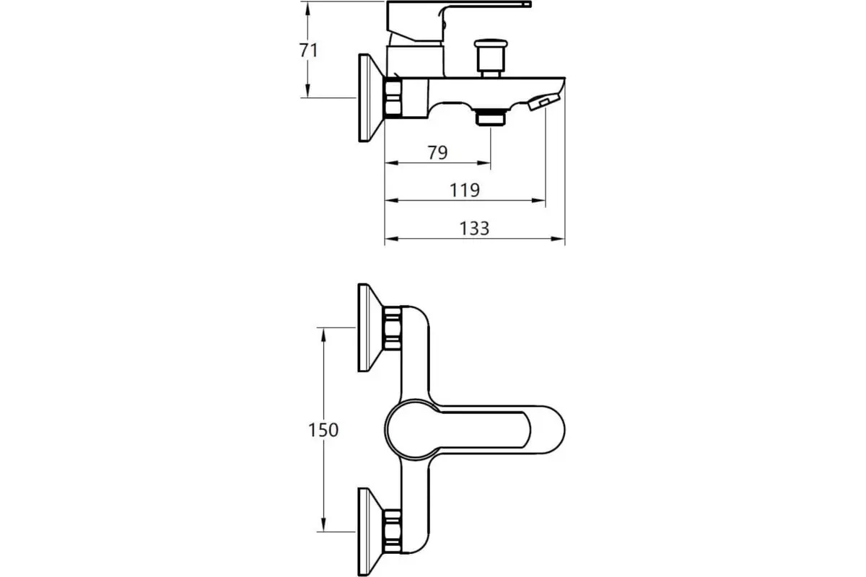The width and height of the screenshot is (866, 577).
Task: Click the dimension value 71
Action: coord(309,50)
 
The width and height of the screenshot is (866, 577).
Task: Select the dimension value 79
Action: coord(437,153)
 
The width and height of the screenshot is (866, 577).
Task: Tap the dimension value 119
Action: coord(465,190)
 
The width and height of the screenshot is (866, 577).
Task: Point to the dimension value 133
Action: coord(474,229)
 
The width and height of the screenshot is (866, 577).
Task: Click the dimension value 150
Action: coord(323,430)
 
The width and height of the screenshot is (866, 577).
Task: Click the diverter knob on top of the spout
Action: coord(491,58)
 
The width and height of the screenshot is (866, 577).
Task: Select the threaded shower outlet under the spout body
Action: coord(490,117)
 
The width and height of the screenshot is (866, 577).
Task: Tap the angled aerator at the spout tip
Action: coord(544,102)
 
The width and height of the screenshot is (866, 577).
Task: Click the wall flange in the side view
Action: coord(371,98)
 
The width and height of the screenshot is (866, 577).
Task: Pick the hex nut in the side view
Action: coord(393,97)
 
